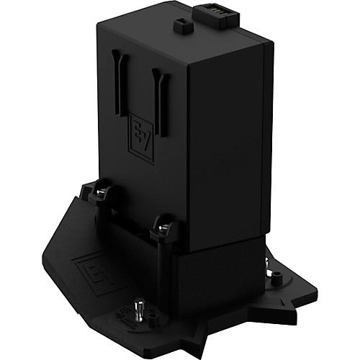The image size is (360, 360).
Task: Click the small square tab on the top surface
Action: [181, 26]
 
